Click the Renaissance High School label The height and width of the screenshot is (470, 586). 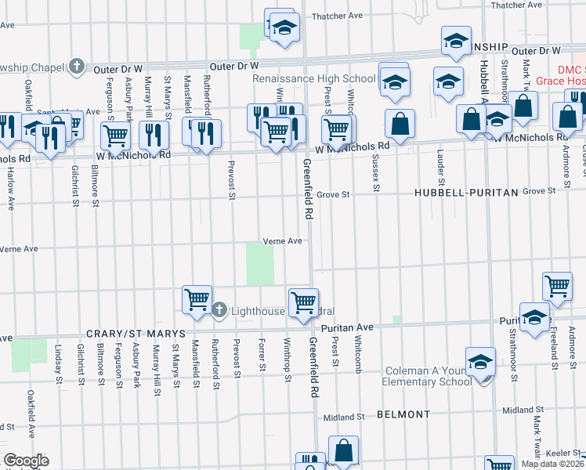(314, 79)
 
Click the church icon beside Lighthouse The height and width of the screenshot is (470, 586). (220, 311)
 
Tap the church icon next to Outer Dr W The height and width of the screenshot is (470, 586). (77, 67)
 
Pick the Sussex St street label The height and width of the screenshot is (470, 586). (377, 176)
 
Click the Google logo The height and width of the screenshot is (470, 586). (26, 461)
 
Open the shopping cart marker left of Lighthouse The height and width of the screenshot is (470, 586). (197, 298)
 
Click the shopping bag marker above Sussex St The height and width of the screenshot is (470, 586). (400, 124)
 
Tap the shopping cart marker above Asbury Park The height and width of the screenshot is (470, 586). (116, 134)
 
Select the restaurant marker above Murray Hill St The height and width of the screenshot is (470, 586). (154, 135)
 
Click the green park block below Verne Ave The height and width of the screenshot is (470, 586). (260, 264)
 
